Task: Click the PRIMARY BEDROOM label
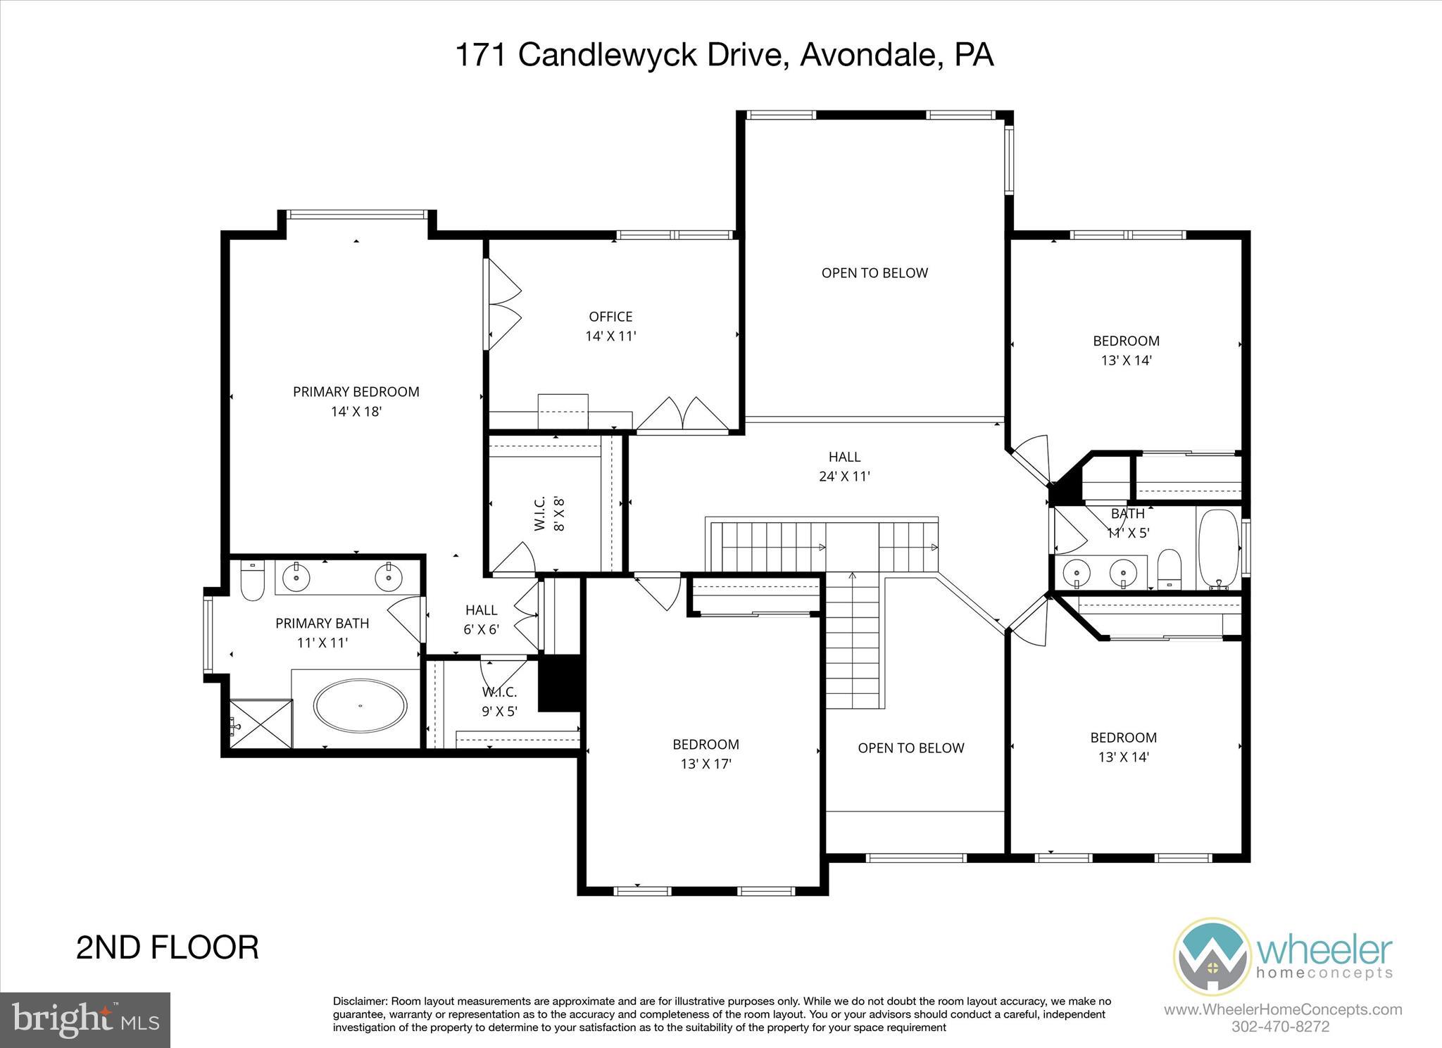(x=356, y=392)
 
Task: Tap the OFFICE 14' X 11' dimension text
(x=610, y=336)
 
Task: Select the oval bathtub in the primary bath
(x=360, y=706)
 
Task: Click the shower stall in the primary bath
(x=261, y=723)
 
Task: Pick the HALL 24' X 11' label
(x=844, y=467)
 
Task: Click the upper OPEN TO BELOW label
(x=874, y=273)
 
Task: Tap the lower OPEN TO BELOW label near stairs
(x=910, y=748)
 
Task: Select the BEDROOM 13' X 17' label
(x=706, y=754)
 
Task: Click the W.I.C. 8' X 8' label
(x=550, y=513)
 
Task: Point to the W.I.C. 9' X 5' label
(x=499, y=702)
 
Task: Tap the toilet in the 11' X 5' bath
(x=1169, y=569)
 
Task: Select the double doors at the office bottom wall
(x=682, y=415)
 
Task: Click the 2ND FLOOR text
(x=167, y=947)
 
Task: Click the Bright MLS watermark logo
(x=85, y=1020)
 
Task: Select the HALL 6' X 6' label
(x=481, y=619)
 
